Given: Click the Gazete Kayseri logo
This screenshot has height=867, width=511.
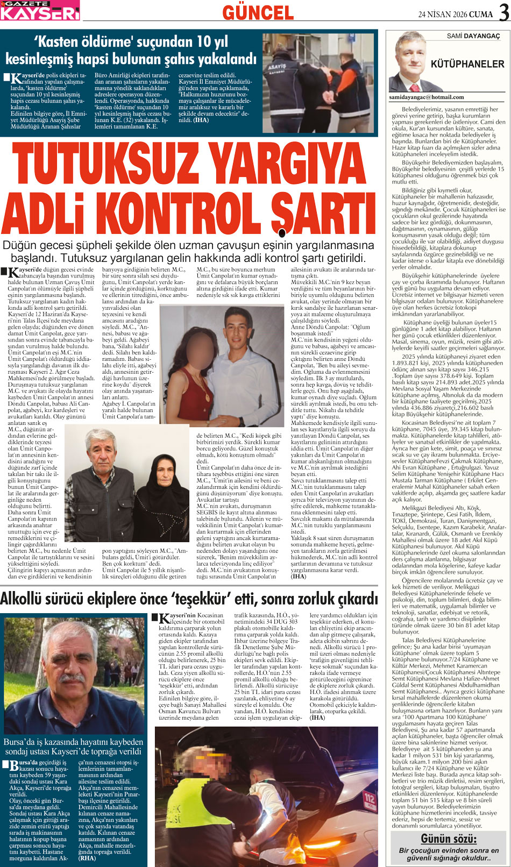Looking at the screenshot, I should (40, 10).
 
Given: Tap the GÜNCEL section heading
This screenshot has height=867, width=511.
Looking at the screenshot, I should (258, 12).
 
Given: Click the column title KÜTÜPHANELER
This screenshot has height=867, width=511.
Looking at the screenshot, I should (467, 64).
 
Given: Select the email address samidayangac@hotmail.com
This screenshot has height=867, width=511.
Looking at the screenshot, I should (426, 97).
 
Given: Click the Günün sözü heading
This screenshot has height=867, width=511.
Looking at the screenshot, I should (449, 838).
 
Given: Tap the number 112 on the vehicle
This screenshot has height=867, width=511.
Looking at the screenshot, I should (369, 798).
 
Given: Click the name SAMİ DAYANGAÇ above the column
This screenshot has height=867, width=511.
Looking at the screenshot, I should (473, 36).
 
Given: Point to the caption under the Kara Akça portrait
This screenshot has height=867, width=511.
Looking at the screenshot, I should (74, 747).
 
